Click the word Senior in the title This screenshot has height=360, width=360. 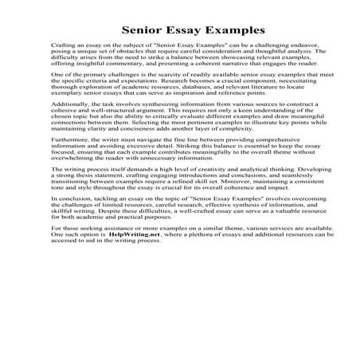pos(127,31)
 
